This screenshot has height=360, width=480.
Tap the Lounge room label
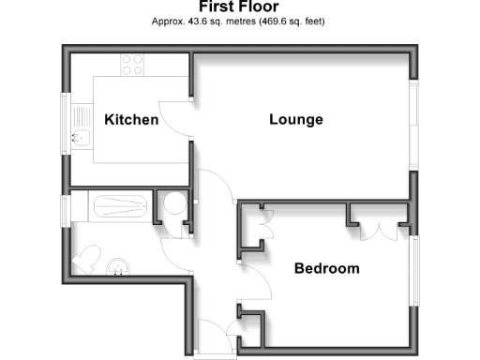[x=295, y=120]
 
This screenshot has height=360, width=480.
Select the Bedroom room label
[x=326, y=268]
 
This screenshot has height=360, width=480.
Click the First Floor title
[x=239, y=7]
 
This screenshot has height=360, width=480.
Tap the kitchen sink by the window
[x=82, y=139]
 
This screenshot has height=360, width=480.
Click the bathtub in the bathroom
[x=111, y=204]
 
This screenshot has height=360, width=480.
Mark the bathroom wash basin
[x=119, y=269]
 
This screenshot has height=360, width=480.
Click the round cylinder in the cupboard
[x=172, y=204]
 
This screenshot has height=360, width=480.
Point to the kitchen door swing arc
[x=174, y=117]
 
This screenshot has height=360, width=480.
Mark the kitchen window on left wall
[x=66, y=120]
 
